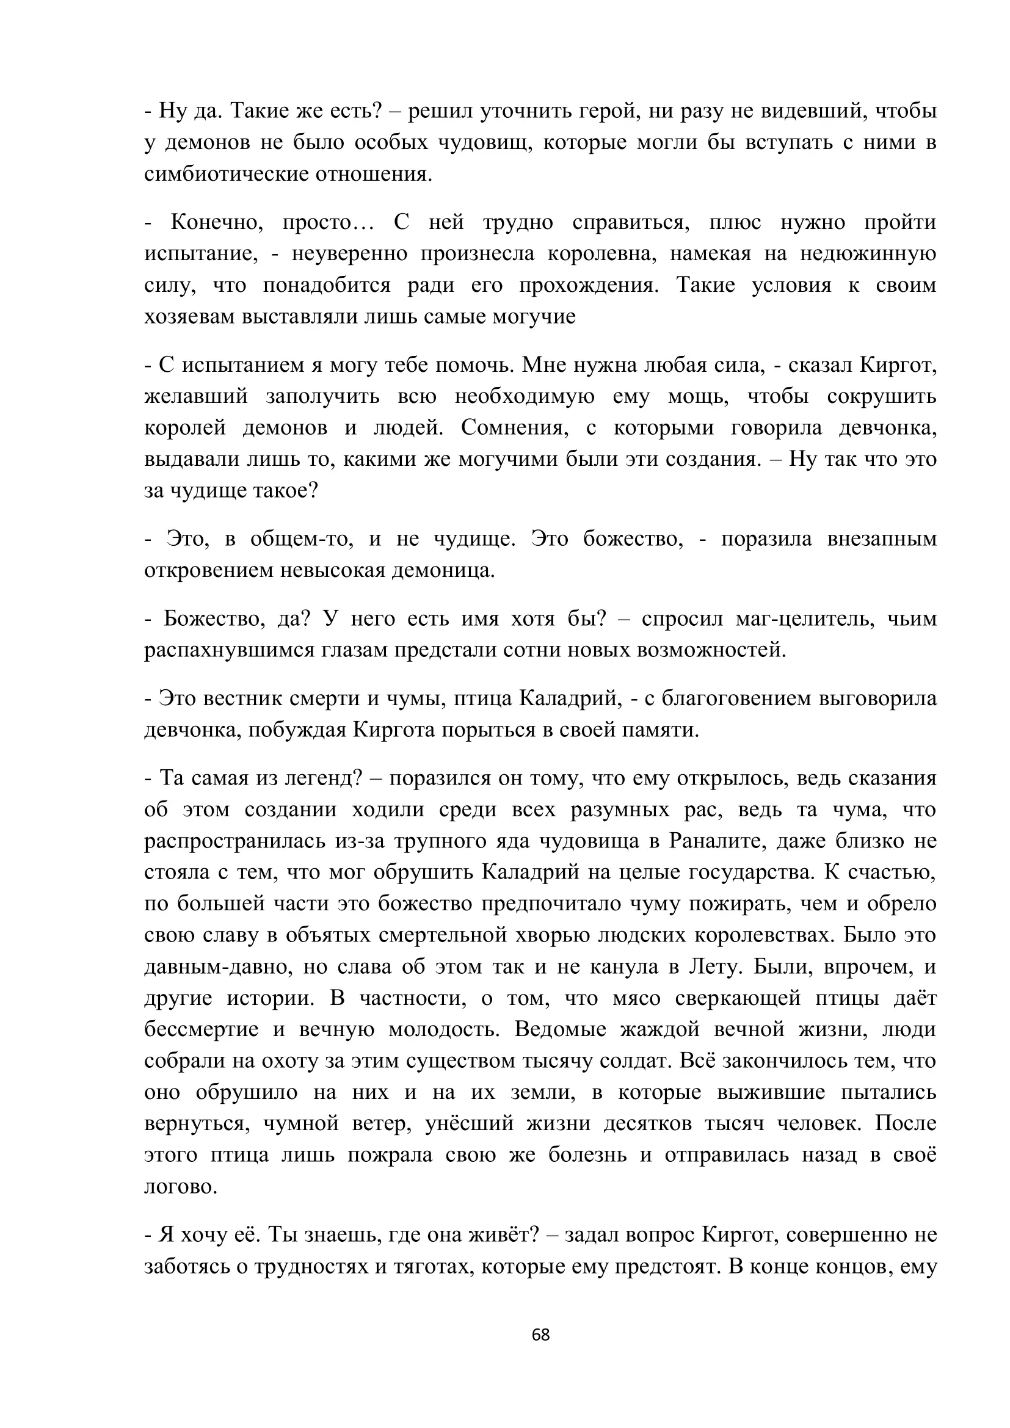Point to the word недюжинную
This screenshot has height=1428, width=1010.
868,254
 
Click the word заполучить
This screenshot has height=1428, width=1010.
323,397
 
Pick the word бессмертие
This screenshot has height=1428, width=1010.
201,1030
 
